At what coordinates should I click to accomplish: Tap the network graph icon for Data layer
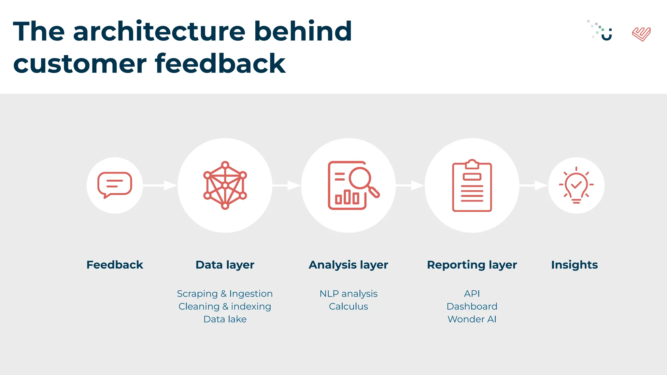tap(225, 185)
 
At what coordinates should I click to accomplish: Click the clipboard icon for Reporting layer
tap(472, 186)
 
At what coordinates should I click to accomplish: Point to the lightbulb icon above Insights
tap(576, 185)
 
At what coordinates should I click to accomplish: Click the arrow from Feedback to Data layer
tap(160, 186)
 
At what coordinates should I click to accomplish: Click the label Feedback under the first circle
tap(115, 265)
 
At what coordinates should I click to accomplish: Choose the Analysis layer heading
tap(348, 265)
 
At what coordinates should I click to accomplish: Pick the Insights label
tap(574, 265)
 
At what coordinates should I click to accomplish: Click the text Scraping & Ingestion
tap(225, 294)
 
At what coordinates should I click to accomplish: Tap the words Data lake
tap(225, 319)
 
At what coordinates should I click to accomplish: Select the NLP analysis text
tap(348, 294)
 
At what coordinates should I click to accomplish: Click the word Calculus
tap(348, 307)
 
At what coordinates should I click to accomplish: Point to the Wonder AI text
tap(472, 319)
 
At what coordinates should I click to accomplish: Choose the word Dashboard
tap(472, 307)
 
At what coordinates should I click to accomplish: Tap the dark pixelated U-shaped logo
tap(603, 31)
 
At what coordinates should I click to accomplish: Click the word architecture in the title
tap(160, 31)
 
